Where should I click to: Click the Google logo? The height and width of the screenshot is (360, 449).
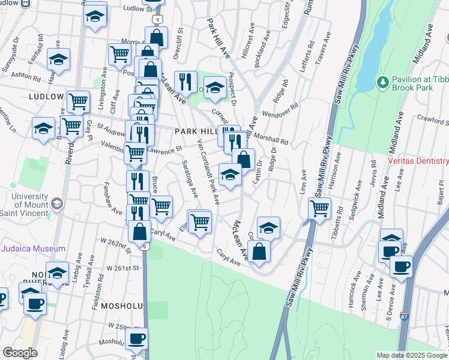[20, 352]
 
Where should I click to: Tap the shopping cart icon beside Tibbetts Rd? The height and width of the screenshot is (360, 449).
[319, 209]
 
